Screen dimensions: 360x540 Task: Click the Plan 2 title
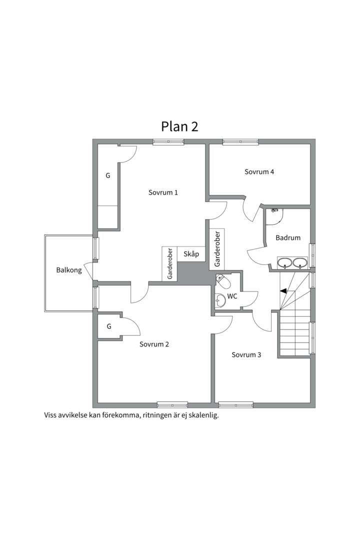(179, 126)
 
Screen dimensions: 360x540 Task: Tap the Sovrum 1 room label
(163, 192)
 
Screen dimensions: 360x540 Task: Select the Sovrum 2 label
(154, 344)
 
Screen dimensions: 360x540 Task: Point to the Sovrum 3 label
(246, 354)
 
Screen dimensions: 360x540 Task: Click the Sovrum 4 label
(259, 171)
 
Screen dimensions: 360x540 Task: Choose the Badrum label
(288, 237)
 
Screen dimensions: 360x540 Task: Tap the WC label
(232, 296)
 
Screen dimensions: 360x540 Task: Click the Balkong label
(69, 270)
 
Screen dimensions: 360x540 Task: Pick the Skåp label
(191, 254)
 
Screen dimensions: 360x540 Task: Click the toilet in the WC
(223, 282)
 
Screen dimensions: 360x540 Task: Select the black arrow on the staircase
(283, 291)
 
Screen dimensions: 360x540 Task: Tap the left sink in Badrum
(285, 263)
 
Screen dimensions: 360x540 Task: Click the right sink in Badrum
(300, 263)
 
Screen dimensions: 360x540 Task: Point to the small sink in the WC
(219, 300)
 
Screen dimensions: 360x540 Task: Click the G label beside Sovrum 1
(108, 175)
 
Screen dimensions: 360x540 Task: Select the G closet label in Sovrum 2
(109, 326)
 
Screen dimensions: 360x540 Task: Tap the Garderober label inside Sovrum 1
(170, 264)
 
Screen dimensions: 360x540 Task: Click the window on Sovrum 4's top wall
(240, 141)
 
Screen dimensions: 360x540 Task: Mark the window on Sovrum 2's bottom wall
(172, 404)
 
